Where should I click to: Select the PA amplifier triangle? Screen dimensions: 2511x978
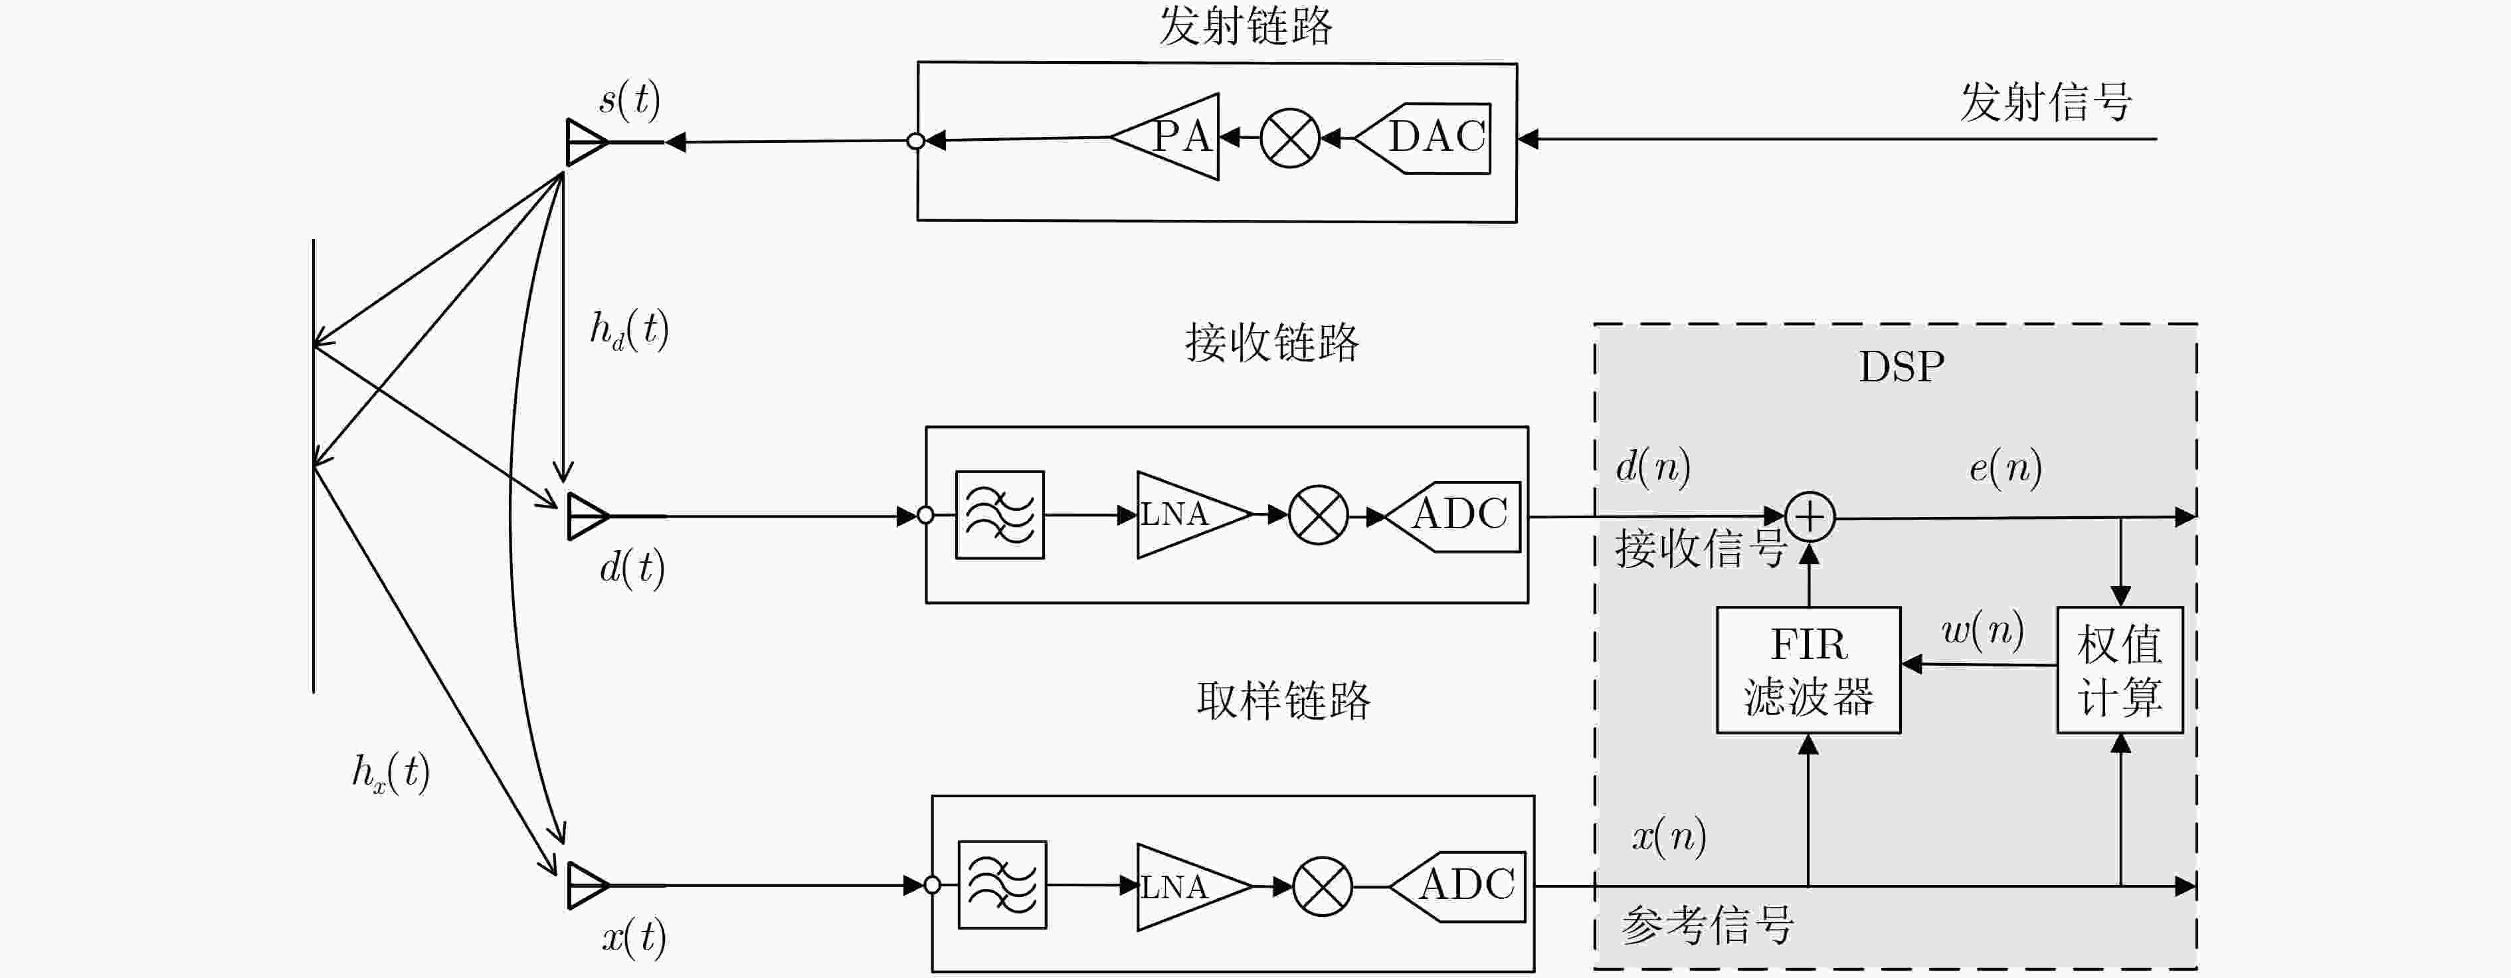click(x=1170, y=136)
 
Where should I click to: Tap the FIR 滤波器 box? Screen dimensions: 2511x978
click(x=1808, y=670)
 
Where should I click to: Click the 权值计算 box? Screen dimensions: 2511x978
click(x=2120, y=670)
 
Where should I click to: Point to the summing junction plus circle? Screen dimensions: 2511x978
click(x=1810, y=517)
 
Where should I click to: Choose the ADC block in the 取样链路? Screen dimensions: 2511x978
click(x=1458, y=886)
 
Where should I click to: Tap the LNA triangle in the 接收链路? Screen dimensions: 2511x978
click(x=1192, y=515)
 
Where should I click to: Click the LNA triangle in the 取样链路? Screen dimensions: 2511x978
click(x=1192, y=886)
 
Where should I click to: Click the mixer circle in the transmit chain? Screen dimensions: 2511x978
click(x=1289, y=138)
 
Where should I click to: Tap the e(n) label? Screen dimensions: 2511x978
click(x=2005, y=468)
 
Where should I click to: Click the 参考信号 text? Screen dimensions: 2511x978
click(x=1708, y=924)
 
